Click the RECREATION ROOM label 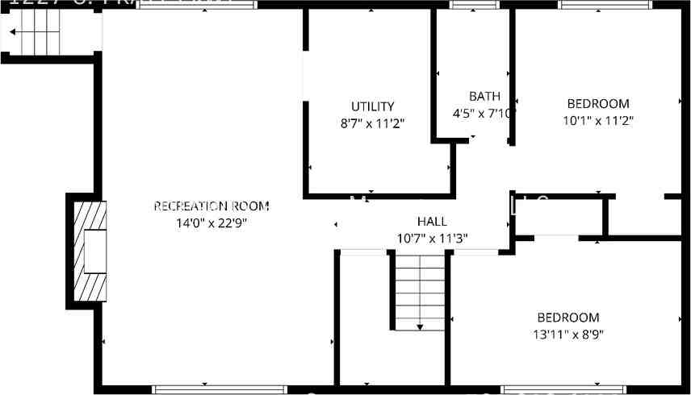211,206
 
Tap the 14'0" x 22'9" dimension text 211,223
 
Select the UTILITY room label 372,106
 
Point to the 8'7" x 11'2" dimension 372,123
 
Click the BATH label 484,97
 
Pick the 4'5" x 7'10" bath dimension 483,114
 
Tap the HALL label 432,222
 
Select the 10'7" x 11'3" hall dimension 432,239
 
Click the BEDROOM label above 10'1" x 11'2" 597,104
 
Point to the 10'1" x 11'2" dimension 597,121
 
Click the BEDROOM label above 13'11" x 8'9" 568,318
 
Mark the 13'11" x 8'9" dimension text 568,334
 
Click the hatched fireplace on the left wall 90,251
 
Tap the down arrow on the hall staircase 421,326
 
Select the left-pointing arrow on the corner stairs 14,33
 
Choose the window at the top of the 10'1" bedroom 606,5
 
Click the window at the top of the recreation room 198,5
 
